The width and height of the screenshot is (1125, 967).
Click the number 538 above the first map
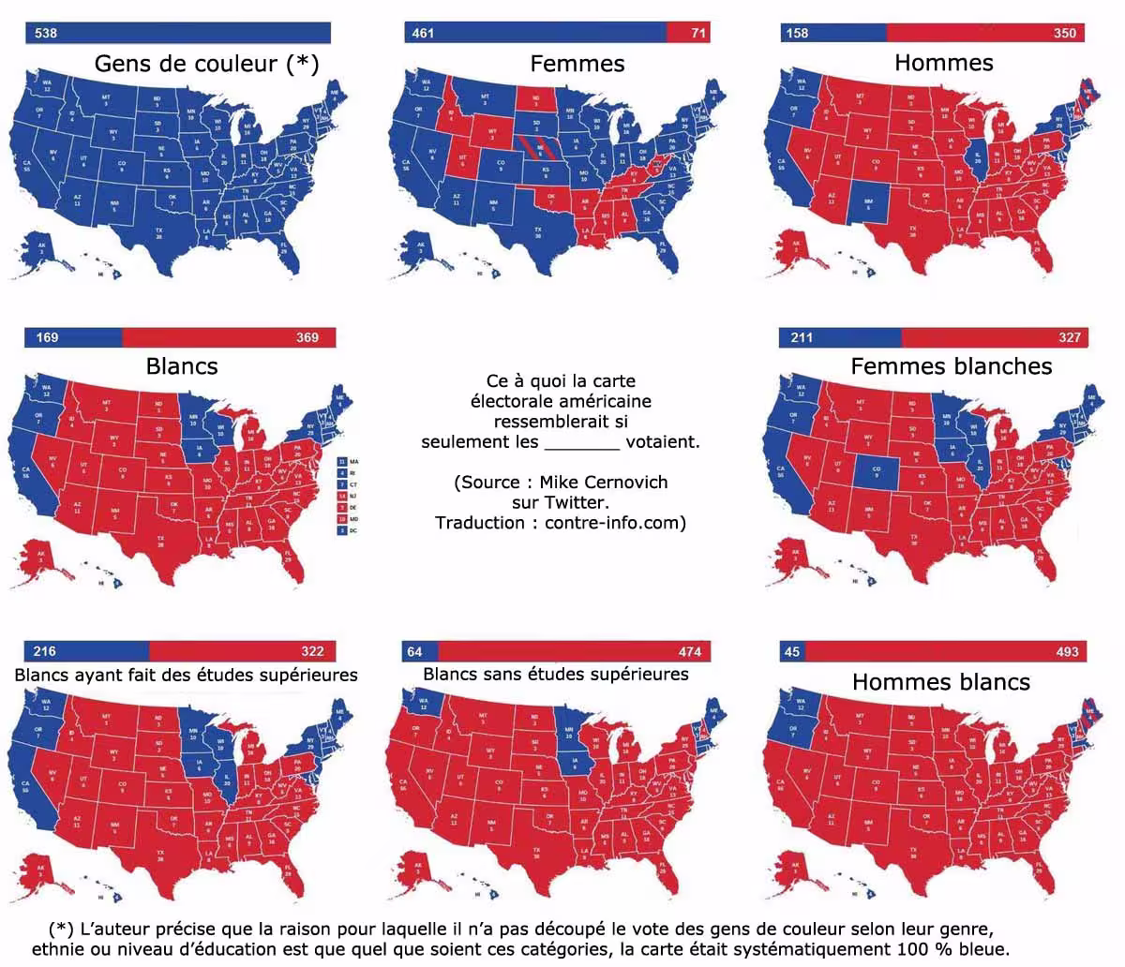point(46,33)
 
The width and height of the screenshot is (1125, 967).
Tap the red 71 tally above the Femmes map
point(697,33)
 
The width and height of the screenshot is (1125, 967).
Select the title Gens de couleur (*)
point(206,64)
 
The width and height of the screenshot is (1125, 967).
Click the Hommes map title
point(943,63)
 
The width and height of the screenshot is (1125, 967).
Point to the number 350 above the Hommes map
point(1064,33)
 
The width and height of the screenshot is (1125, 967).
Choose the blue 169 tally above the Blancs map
point(47,337)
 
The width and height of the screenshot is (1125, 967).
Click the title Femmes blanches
point(951,366)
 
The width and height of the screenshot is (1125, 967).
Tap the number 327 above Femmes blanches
point(1069,337)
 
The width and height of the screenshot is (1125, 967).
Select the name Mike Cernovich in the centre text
point(603,483)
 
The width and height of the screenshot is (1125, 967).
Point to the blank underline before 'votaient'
point(581,443)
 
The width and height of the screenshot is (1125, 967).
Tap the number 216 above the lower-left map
point(44,651)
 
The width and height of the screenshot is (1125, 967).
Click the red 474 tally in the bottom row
point(690,651)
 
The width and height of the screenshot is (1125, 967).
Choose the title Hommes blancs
point(940,682)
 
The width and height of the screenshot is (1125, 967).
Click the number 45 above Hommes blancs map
point(792,651)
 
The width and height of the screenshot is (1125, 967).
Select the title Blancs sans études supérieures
point(555,675)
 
